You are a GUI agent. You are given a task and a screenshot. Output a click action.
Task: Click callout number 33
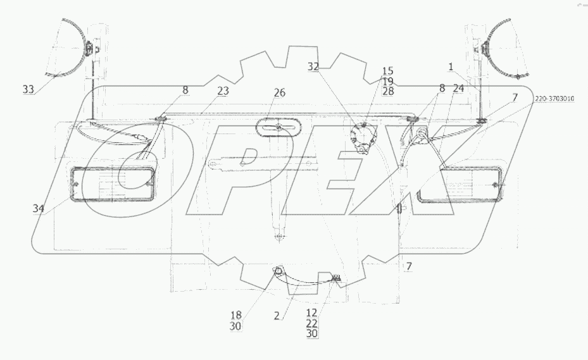pos(28,89)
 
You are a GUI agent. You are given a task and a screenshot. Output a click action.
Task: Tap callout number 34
pos(38,209)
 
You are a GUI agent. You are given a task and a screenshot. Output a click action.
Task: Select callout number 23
pos(223,91)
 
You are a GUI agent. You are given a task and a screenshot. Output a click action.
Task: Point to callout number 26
pos(279,92)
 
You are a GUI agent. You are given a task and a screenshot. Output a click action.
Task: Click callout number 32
pos(313,67)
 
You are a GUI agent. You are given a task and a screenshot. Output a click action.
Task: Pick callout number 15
pos(388,71)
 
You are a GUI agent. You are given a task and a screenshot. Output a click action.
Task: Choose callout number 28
pos(388,91)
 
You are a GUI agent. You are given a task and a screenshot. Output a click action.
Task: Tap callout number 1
pos(451,67)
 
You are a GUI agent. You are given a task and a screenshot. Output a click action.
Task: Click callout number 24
pos(458,89)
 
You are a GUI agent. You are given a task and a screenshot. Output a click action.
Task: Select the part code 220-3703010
pos(554,99)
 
